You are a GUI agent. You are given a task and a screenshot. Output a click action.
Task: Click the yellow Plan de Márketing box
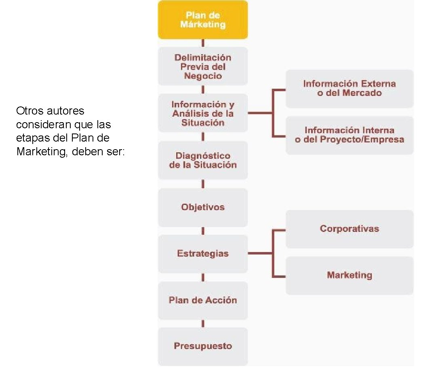point(202,20)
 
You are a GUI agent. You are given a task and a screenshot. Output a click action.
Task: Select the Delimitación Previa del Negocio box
point(202,67)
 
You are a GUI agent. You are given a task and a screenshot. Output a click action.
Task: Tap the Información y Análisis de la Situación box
point(202,113)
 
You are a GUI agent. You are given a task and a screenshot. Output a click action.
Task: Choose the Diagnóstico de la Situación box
point(202,160)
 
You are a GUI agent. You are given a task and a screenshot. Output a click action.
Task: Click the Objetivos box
point(202,207)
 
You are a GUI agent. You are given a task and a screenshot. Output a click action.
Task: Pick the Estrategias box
point(202,254)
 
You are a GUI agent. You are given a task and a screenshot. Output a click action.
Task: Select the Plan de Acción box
point(202,300)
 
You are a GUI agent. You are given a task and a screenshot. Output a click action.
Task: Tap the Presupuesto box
point(202,346)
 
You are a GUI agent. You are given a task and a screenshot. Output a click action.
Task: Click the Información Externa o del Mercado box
point(350,89)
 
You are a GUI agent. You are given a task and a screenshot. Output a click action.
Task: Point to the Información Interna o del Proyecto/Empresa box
point(350,135)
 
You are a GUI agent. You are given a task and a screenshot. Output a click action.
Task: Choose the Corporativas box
point(350,229)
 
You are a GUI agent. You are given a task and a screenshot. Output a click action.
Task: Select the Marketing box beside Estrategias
point(350,275)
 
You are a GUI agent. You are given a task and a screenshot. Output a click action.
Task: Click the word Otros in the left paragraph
point(29,111)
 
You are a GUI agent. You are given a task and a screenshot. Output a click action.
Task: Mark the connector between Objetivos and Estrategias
point(202,231)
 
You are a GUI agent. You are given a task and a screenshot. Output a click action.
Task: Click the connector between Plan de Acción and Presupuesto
point(202,324)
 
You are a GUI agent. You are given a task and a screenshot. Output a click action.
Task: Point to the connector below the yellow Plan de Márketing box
point(202,43)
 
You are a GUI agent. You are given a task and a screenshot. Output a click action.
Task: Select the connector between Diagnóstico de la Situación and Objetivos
point(202,184)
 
